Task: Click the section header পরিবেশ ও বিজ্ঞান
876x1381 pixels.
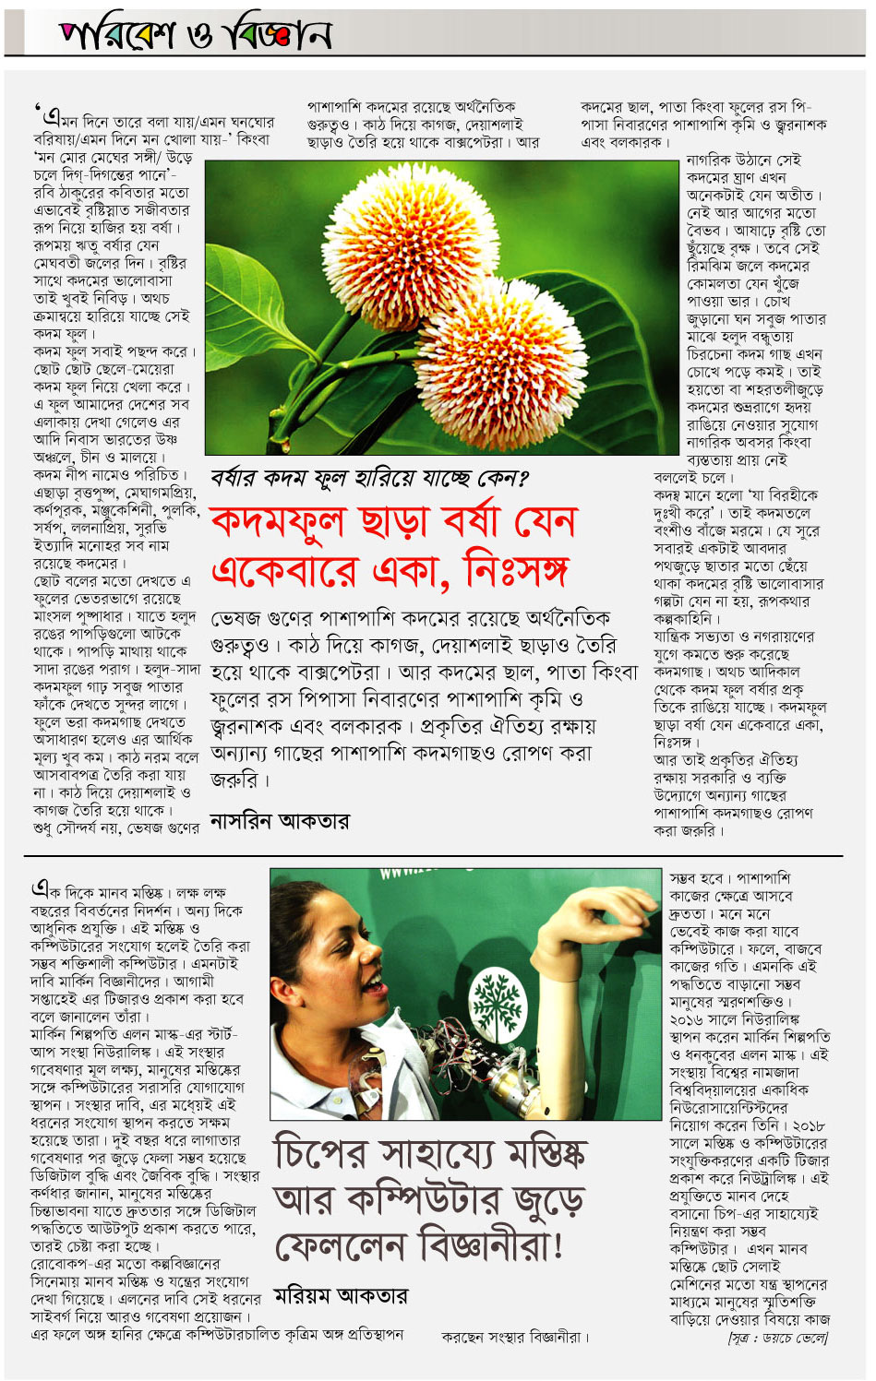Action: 195,34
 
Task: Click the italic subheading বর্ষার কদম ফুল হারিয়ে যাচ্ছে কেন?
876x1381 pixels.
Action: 369,478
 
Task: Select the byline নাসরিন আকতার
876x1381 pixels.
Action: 279,821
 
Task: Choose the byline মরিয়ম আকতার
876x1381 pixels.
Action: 340,1296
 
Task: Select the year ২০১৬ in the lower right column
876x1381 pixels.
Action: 688,1019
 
